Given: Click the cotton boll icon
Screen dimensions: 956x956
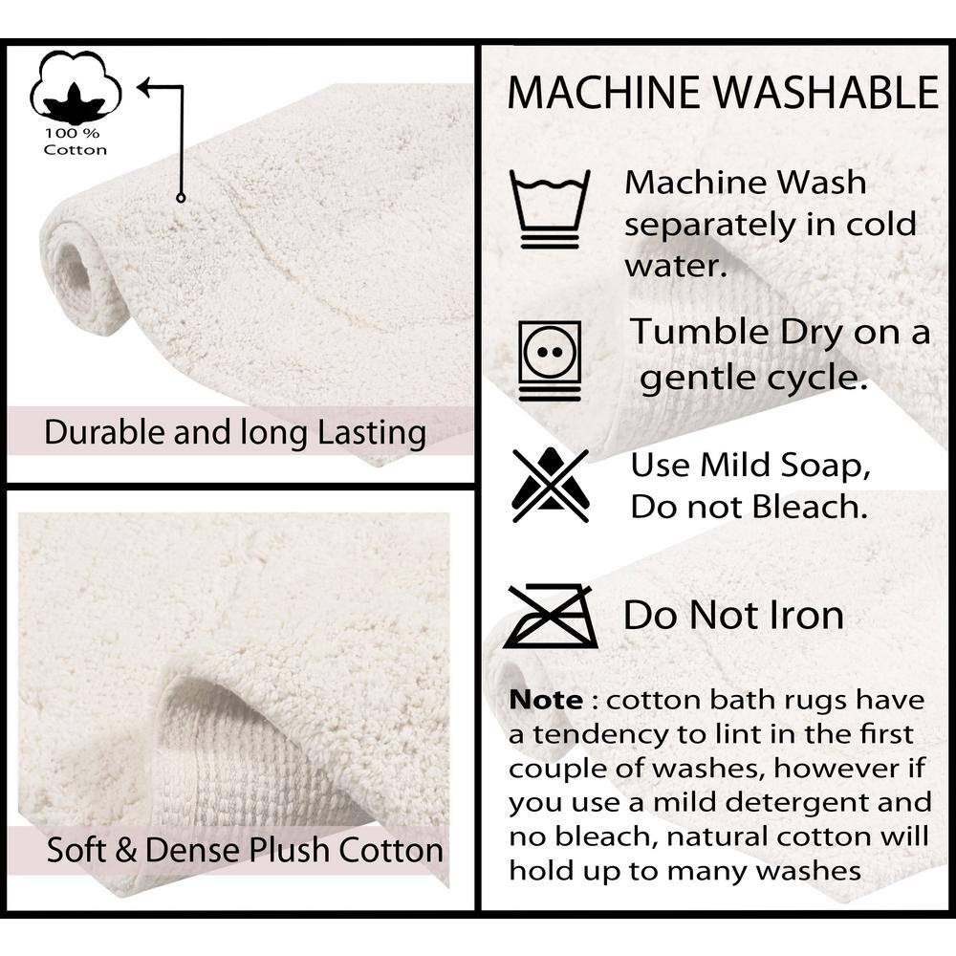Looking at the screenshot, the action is [76, 87].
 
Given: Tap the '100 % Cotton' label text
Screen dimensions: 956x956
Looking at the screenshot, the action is [75, 141].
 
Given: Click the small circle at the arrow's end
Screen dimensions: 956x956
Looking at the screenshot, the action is [181, 198].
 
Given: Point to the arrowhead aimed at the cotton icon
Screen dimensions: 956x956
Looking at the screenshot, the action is [145, 87].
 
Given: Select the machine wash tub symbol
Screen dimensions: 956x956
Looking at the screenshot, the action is [550, 209].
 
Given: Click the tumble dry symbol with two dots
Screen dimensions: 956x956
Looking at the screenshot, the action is [550, 360].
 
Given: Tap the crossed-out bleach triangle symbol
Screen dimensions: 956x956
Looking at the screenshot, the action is [551, 486].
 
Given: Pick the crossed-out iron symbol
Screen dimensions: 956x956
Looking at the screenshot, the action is [552, 616].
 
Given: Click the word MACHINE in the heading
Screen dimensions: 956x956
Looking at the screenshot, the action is [603, 93].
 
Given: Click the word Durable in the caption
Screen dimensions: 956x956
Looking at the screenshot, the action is [104, 432].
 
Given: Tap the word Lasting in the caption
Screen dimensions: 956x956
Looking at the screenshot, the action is [372, 433].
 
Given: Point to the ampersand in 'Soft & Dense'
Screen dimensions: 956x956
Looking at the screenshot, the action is [125, 850].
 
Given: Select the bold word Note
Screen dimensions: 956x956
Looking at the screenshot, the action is [546, 700].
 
